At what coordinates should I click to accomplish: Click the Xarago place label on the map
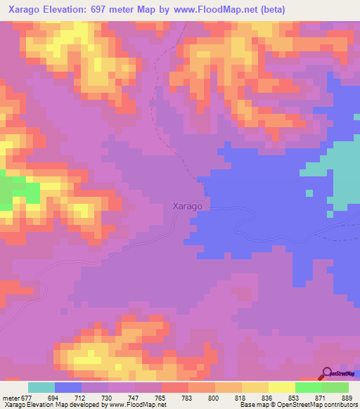click(188, 207)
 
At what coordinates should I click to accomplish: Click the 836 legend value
click(268, 398)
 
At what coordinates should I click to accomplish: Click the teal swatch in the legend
click(41, 387)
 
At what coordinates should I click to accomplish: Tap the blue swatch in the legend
click(68, 387)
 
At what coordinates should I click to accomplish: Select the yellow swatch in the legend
click(282, 387)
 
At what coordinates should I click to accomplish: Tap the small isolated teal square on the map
click(309, 193)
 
